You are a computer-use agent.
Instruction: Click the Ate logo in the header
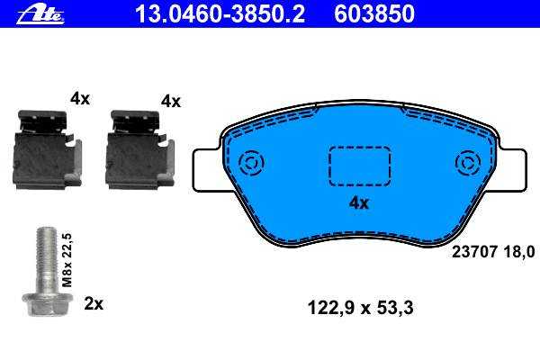click(40, 14)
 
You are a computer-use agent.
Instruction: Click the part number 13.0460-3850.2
click(220, 13)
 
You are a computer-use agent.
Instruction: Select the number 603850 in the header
click(374, 13)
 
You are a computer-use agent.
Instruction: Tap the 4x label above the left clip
click(80, 99)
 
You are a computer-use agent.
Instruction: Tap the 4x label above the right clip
click(171, 102)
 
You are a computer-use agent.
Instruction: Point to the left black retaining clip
click(48, 149)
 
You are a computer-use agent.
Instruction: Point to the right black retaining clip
click(139, 149)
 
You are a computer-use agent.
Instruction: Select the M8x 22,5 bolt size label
click(67, 260)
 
